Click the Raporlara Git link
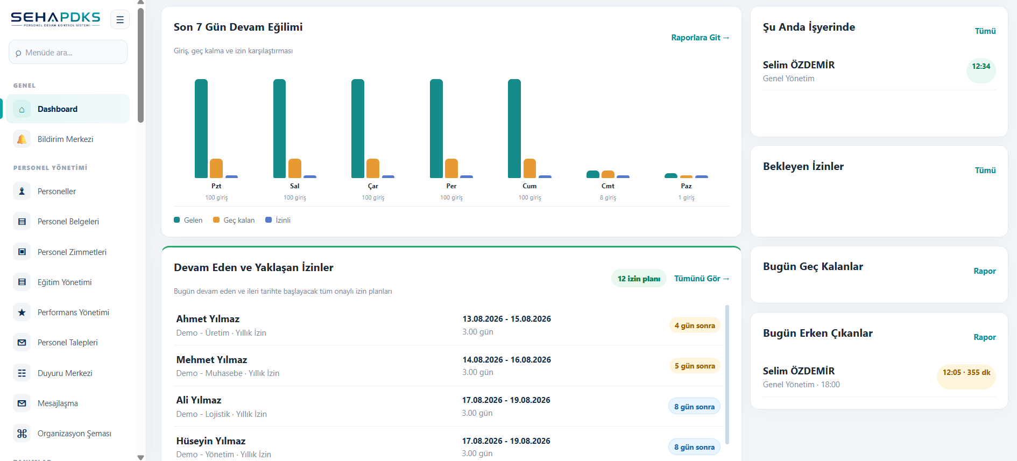click(x=700, y=38)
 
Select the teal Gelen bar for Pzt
click(x=201, y=129)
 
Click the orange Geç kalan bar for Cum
click(x=529, y=168)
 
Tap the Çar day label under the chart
click(x=373, y=186)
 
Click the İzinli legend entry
click(x=278, y=220)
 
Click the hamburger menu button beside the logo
click(x=120, y=20)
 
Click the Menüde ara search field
click(x=68, y=53)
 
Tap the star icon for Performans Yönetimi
click(x=22, y=313)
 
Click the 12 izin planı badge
click(x=639, y=279)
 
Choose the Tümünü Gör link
click(x=702, y=279)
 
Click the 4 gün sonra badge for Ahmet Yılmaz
click(x=695, y=325)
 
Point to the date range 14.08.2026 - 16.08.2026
click(x=507, y=360)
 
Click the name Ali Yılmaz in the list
click(x=199, y=400)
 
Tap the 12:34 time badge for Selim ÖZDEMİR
click(x=981, y=66)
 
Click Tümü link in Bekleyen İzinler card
click(x=985, y=171)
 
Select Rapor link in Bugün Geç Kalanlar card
click(x=985, y=271)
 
